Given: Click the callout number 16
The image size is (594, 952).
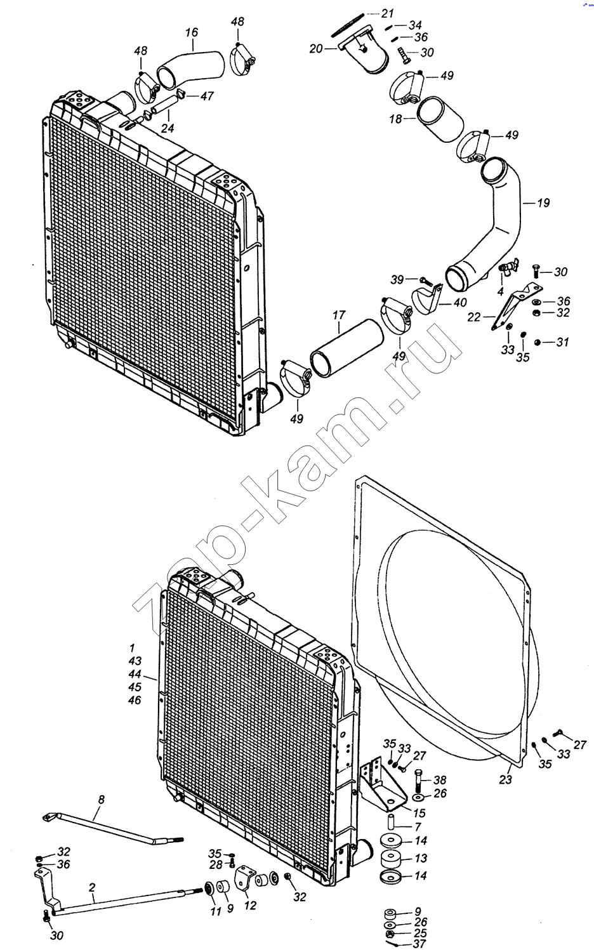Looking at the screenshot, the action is (192, 33).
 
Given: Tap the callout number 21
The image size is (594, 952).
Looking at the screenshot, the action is (388, 14).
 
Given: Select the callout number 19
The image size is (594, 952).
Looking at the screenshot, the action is (543, 203).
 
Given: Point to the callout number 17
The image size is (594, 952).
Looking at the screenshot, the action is (339, 315).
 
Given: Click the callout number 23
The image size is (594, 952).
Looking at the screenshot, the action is (505, 779).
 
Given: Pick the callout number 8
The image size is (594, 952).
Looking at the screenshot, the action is (101, 800).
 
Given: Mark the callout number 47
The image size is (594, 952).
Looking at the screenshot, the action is (207, 96).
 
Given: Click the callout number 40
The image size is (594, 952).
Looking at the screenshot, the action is (460, 303).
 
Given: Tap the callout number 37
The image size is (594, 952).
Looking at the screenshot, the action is (419, 944).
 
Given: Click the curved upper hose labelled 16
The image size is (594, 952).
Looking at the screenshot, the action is (191, 69).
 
